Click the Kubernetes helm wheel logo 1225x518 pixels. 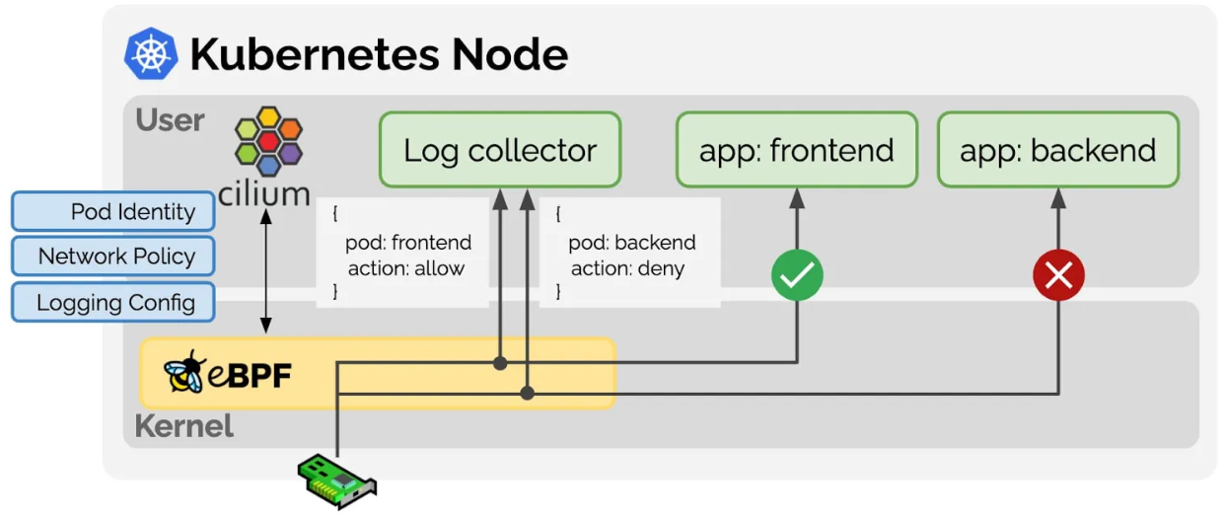tap(151, 53)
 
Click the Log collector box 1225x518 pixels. tap(500, 150)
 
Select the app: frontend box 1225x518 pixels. tap(796, 150)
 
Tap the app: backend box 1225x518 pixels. tap(1057, 150)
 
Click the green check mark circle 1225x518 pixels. tap(797, 275)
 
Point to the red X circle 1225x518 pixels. tap(1058, 275)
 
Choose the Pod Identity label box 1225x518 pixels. tap(112, 212)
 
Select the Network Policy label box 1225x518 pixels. tap(112, 257)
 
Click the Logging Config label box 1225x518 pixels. tap(112, 302)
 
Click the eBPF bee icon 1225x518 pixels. tap(183, 372)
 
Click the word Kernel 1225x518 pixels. tap(183, 426)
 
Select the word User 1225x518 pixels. tap(171, 120)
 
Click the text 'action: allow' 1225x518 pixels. tap(405, 268)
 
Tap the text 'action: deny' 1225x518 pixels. tap(627, 268)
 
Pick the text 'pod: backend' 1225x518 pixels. tap(632, 243)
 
